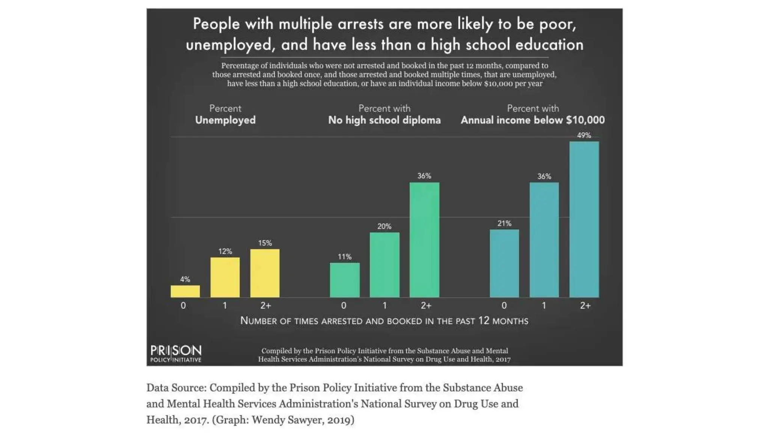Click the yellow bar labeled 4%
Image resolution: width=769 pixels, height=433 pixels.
[185, 291]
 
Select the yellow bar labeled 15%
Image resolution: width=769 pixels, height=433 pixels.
[265, 273]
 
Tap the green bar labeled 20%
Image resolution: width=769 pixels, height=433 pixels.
[384, 265]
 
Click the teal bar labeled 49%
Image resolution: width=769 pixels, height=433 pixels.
[584, 220]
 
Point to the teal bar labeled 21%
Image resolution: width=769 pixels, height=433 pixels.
[504, 263]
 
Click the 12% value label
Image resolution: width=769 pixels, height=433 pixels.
[225, 251]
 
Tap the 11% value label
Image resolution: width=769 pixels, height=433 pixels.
[344, 257]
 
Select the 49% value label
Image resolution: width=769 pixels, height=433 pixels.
[584, 135]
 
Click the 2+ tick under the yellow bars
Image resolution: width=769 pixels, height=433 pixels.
[265, 306]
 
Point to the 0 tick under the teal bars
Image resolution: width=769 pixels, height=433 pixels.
[504, 306]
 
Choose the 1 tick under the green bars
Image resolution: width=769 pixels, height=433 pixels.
[384, 306]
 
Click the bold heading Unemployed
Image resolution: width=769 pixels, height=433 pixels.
[225, 120]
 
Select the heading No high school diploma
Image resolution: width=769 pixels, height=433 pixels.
[384, 120]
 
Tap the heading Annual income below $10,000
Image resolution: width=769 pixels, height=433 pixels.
[532, 120]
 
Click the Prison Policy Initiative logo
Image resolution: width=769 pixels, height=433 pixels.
[176, 353]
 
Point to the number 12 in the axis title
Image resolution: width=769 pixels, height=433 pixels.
[484, 321]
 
